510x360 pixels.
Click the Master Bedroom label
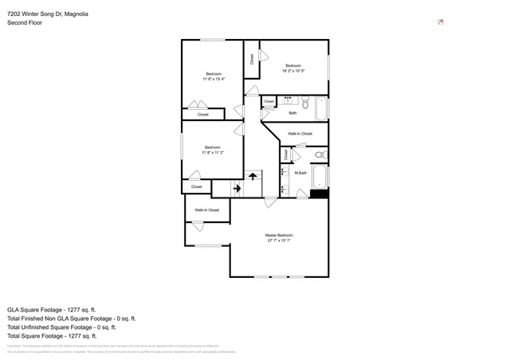(279, 235)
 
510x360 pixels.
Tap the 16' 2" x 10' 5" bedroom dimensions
(293, 71)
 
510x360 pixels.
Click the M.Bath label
(300, 173)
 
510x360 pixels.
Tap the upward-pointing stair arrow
(253, 176)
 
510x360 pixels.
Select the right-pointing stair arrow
(237, 188)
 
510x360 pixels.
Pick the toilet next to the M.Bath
(320, 155)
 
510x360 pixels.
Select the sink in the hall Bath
(288, 100)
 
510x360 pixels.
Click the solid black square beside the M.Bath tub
(319, 193)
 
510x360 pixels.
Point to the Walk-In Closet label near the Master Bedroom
(206, 209)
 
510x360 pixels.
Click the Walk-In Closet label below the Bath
(300, 134)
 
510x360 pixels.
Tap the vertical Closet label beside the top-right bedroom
(252, 58)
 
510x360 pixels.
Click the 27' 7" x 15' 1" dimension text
(279, 241)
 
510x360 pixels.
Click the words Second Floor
(25, 23)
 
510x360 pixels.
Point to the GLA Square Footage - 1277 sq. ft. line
(51, 309)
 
